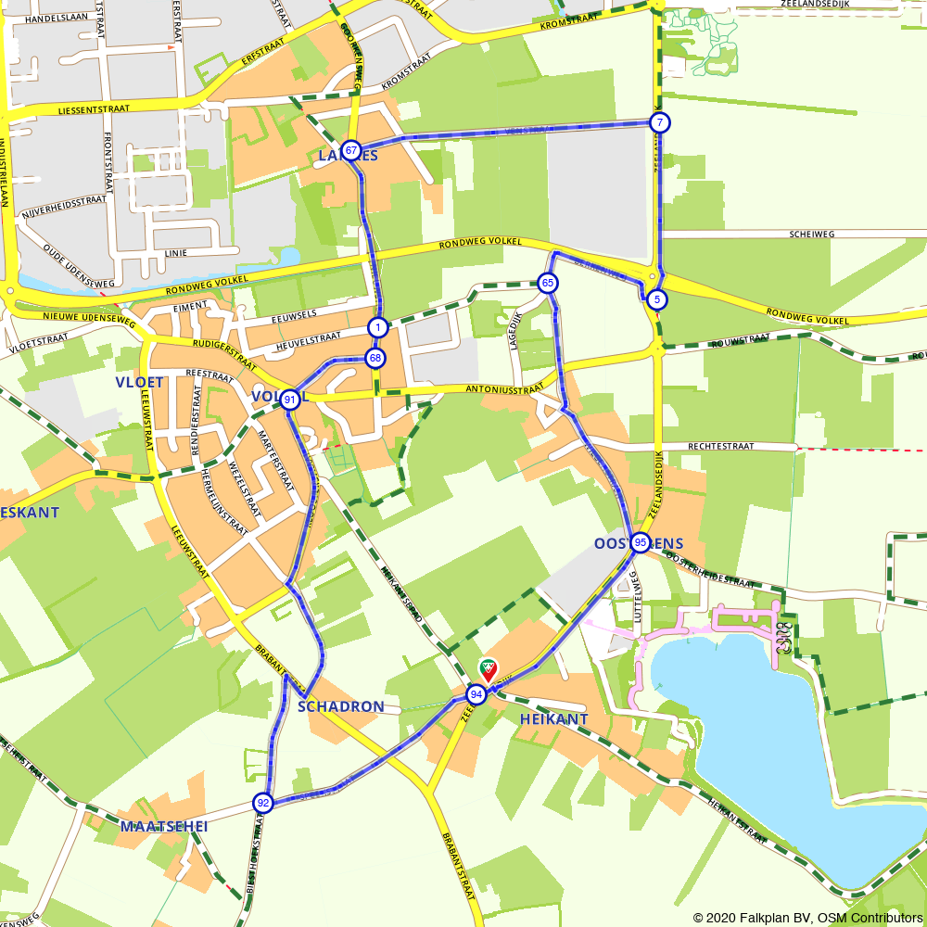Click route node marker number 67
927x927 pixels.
[351, 150]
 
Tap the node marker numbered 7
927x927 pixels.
[659, 122]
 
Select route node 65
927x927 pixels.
[548, 283]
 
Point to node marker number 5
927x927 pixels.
[657, 299]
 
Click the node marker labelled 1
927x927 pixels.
[377, 327]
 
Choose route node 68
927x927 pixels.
[375, 358]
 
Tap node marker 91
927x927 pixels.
[291, 400]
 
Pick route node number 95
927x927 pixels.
[641, 543]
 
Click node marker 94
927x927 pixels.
[476, 694]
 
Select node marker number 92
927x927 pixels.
[263, 803]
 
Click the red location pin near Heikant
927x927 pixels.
[487, 669]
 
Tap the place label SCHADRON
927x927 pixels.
[341, 707]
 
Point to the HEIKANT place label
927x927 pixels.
[554, 718]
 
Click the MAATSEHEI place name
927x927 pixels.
[164, 826]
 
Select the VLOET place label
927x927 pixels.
[139, 382]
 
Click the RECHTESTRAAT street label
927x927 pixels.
[720, 446]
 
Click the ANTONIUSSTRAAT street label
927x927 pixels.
[505, 390]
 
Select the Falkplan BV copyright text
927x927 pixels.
[807, 918]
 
